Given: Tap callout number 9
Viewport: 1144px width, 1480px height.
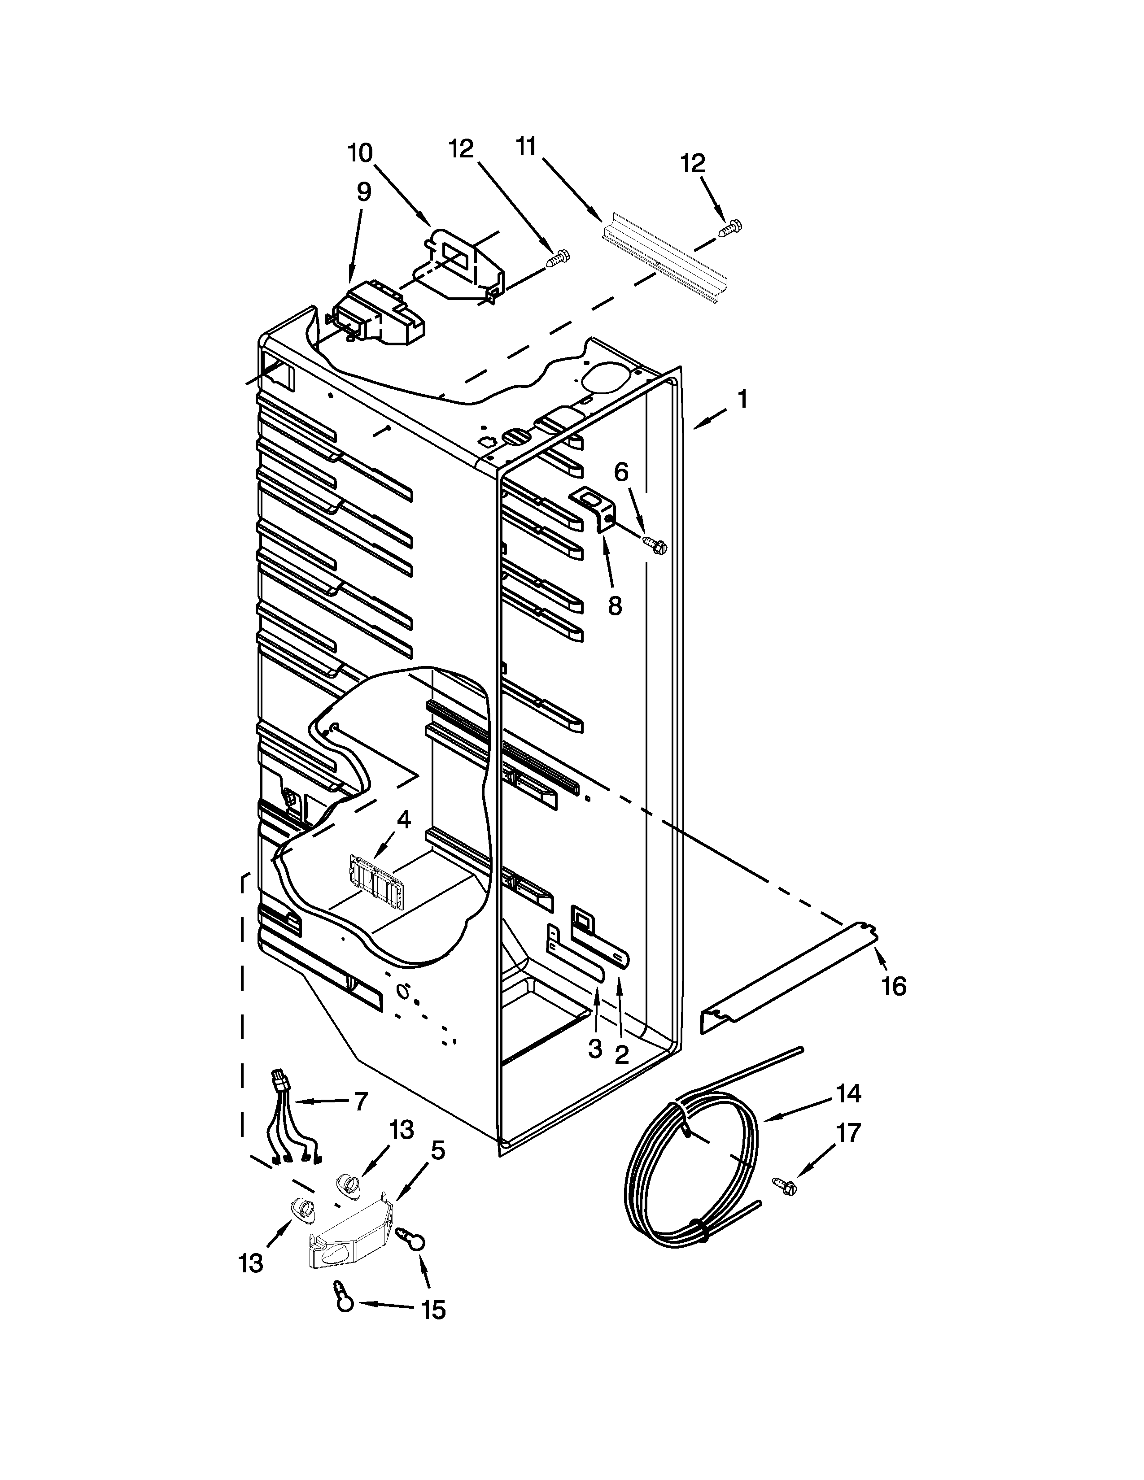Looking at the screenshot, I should pyautogui.click(x=364, y=192).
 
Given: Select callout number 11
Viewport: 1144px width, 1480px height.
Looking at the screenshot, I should pyautogui.click(x=526, y=146).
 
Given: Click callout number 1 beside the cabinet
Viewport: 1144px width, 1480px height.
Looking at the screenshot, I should pyautogui.click(x=743, y=399).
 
